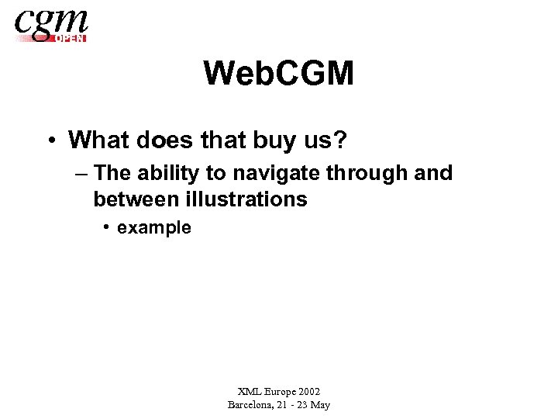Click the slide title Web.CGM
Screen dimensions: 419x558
tap(279, 74)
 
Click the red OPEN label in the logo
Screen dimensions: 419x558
tap(71, 37)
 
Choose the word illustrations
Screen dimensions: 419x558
tap(246, 199)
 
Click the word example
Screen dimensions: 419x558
tap(153, 227)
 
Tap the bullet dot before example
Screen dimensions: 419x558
tap(107, 227)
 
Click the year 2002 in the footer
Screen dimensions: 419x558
tap(307, 392)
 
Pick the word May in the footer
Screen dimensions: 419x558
tap(319, 404)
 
